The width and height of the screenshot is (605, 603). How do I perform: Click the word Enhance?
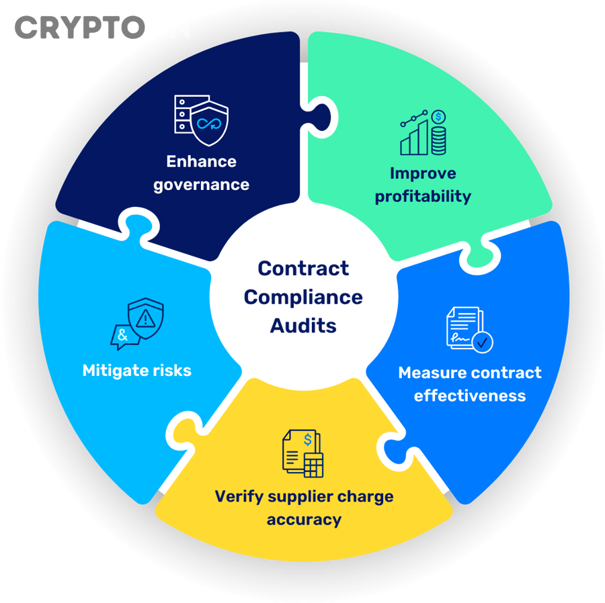click(202, 162)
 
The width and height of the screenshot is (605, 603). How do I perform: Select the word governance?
click(202, 185)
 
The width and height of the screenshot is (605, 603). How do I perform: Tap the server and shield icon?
click(201, 121)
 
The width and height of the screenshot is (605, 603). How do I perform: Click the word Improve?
click(423, 174)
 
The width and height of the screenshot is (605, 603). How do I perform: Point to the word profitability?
click(423, 197)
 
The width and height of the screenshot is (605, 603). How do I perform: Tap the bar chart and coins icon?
click(423, 132)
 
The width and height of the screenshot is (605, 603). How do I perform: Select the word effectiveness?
click(470, 396)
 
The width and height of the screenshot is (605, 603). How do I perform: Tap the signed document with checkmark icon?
click(469, 330)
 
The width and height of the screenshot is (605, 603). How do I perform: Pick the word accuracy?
click(304, 520)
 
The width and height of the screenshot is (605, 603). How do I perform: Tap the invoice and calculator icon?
click(303, 454)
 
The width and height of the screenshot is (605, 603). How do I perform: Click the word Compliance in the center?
click(303, 297)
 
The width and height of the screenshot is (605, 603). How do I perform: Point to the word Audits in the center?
click(303, 326)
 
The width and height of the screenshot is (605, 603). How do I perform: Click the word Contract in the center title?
click(303, 269)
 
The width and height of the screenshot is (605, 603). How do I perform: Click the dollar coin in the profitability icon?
click(438, 118)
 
